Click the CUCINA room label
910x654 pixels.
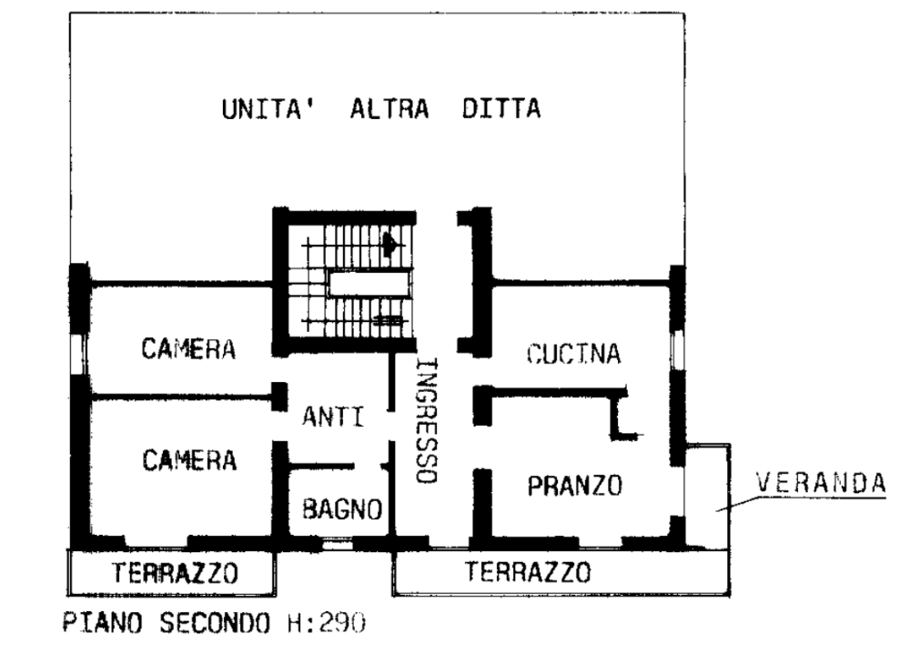point(573,354)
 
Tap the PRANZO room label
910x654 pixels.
point(574,485)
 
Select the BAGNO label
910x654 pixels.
point(342,509)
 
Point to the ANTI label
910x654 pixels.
point(333,416)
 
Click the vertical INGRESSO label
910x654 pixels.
point(427,421)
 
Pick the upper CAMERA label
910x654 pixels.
point(188,348)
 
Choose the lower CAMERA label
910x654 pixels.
point(189,460)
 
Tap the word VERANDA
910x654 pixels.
point(821,483)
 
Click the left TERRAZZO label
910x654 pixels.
point(175,573)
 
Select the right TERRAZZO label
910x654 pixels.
point(528,571)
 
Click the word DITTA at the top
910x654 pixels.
point(501,108)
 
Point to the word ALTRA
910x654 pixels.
point(389,108)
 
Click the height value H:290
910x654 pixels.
point(327,623)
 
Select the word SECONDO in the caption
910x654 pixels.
point(215,623)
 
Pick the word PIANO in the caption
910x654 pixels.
point(102,623)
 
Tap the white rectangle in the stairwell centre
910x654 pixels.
point(369,285)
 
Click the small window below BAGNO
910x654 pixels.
point(338,544)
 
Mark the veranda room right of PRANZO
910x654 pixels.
point(707,496)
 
